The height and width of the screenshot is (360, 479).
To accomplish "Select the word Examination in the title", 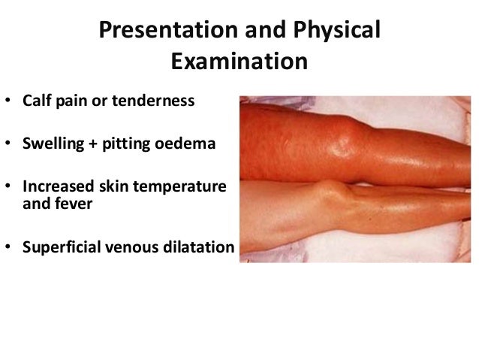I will coord(239,60).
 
